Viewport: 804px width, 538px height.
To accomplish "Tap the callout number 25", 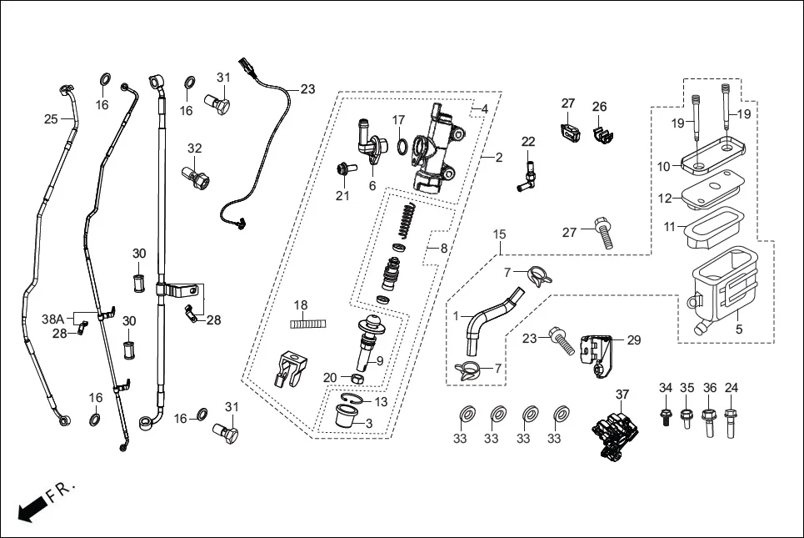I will (x=52, y=119).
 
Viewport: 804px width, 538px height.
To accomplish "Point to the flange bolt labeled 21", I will (x=343, y=170).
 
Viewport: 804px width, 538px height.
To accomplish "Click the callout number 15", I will (x=498, y=234).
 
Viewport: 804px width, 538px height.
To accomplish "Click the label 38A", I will (x=53, y=319).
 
